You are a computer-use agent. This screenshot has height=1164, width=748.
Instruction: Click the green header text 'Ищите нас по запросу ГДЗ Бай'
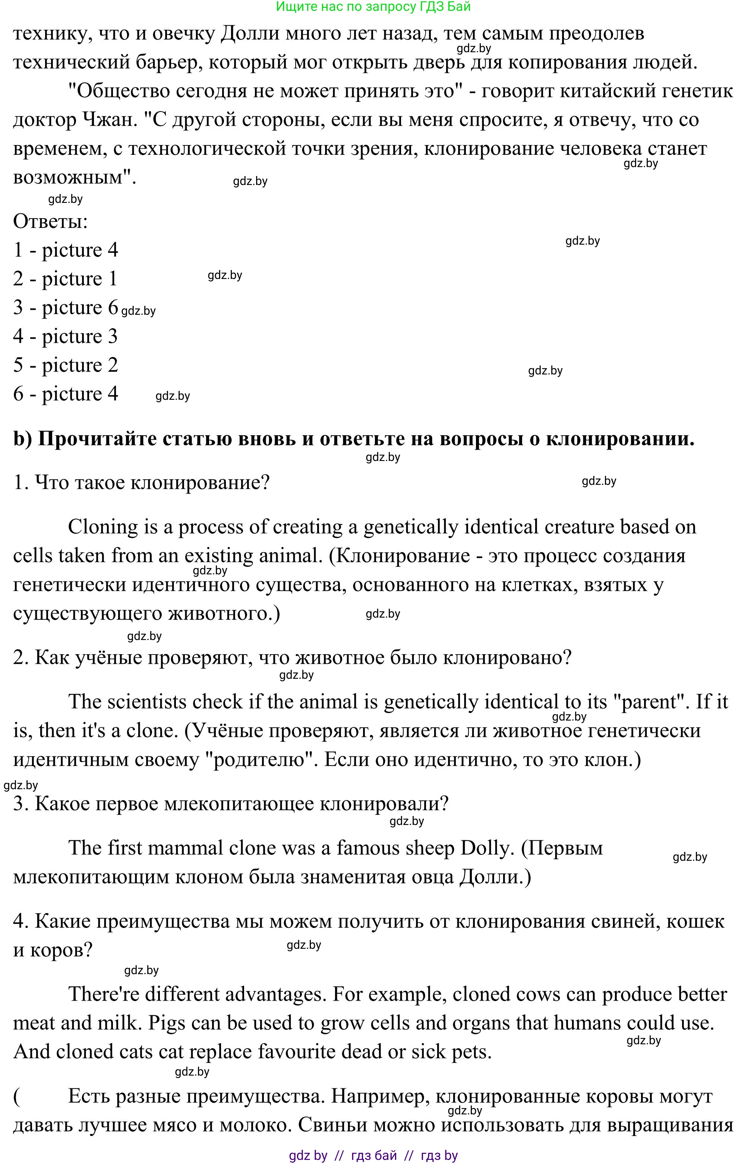[373, 7]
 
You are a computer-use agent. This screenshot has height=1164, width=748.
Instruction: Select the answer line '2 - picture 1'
[66, 279]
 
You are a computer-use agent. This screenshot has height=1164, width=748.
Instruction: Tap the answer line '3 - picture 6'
[66, 308]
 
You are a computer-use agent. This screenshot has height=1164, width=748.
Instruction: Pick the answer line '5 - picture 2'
[66, 365]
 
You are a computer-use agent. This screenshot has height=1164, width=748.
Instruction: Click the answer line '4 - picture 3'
[66, 336]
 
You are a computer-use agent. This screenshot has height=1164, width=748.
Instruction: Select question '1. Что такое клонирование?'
[141, 483]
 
